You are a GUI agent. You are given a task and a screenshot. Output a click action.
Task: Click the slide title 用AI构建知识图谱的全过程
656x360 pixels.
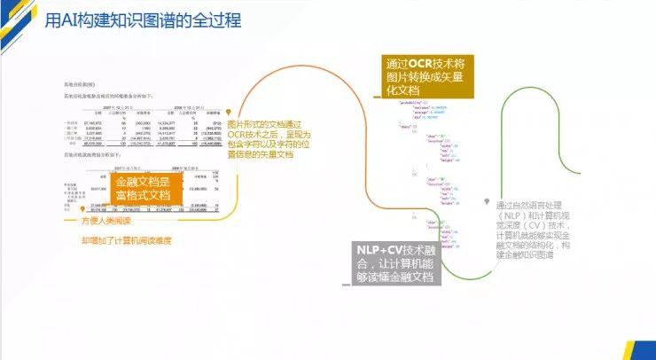(142, 20)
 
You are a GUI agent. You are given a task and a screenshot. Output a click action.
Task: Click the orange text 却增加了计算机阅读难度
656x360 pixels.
(126, 239)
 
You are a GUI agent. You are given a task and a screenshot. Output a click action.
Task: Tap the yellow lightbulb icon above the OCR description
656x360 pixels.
(229, 111)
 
